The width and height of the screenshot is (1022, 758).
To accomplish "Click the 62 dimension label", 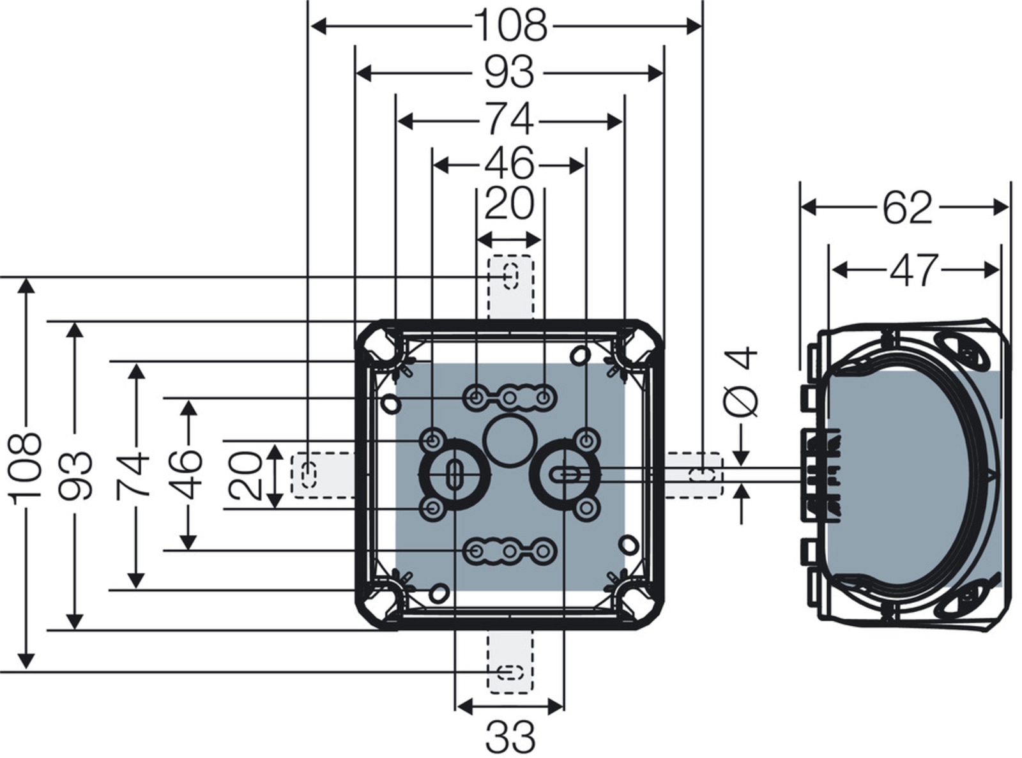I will pos(907,208).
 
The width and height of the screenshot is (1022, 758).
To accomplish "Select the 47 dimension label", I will pos(915,270).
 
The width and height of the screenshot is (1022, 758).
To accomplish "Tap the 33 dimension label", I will pos(510,737).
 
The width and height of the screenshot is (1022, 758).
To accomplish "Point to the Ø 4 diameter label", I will pos(741,381).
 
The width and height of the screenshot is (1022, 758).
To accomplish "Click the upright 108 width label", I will pos(510,26).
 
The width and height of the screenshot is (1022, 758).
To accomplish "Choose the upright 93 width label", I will pos(509,72).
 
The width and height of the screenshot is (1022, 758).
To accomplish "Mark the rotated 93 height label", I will pos(75,475).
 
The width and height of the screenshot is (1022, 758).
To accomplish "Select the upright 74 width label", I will pos(509,119).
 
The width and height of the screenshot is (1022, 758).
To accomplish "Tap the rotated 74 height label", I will pos(134,475).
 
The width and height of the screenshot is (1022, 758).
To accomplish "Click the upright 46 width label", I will pos(509,164).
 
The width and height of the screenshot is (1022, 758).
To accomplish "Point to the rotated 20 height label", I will pos(247,476).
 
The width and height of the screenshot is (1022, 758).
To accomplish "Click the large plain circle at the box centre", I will pos(509,441).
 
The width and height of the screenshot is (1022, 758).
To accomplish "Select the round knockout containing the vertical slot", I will pos(454,474).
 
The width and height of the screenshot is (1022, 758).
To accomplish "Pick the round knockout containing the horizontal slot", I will pos(564,474).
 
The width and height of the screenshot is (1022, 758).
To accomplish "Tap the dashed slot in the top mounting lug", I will pos(510,275).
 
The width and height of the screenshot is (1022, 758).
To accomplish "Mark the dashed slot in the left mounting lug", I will pos(309,475).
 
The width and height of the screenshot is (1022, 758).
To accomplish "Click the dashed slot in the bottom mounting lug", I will pos(510,672).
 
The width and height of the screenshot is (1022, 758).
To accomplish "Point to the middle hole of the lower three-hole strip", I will pos(510,550).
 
